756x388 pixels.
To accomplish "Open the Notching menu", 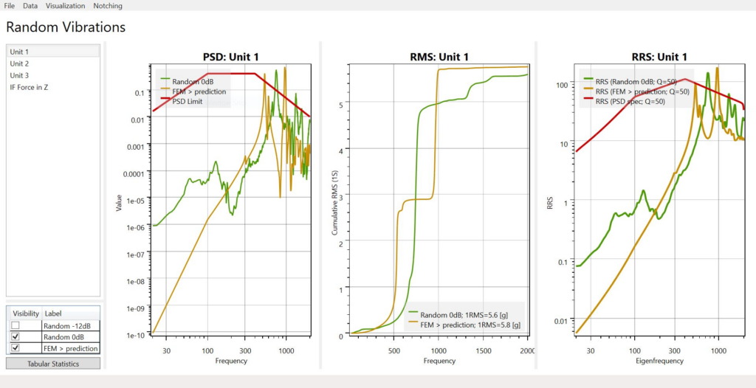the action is pos(108,6).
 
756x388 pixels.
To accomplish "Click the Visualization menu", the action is pos(66,6).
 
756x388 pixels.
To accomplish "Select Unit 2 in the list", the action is pos(19,63).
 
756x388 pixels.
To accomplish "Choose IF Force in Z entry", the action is pos(29,87).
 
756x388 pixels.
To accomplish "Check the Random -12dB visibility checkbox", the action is pos(16,325).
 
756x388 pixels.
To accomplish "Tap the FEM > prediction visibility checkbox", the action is pos(16,348).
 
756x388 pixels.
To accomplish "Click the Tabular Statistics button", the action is pos(53,364).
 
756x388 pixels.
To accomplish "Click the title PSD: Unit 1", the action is pos(231,57).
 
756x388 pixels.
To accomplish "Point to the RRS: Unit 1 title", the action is pos(659,57).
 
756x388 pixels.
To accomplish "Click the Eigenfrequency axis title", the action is pos(659,361).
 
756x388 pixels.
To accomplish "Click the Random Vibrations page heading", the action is pos(66,27).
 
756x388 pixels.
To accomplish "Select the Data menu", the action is pos(30,6).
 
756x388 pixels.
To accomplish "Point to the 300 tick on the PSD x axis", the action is pos(245,350).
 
